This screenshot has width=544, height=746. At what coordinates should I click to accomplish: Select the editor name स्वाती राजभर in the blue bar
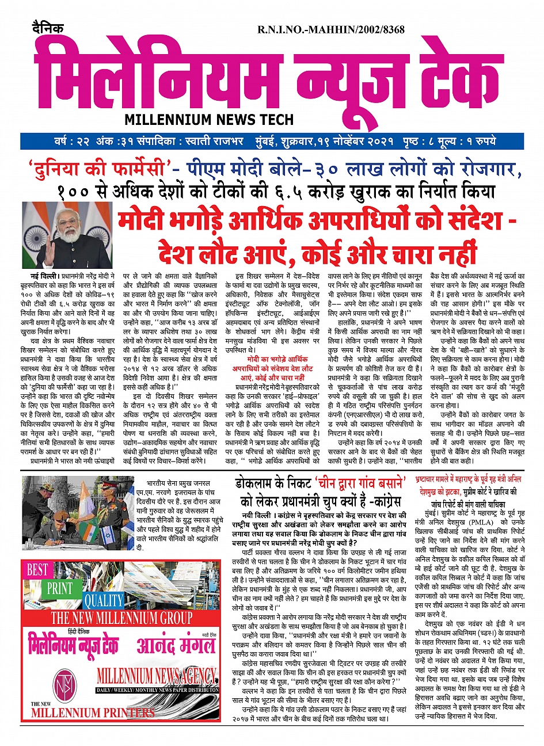pos(219,142)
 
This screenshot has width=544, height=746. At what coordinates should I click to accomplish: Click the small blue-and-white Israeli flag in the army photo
pos(108,536)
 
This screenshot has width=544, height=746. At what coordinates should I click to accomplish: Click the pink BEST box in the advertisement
pos(38,570)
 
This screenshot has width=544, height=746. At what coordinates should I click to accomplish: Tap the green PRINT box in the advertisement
pos(59,589)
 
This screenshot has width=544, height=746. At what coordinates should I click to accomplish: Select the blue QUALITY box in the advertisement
pos(104,600)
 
